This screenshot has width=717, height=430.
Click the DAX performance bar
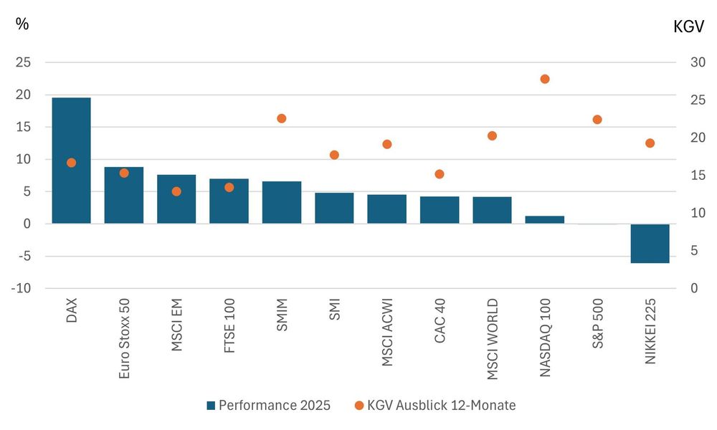[71, 161]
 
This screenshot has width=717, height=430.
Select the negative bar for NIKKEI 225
[650, 244]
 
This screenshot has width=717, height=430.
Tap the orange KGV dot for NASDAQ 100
[545, 79]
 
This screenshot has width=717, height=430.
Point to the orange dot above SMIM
[282, 118]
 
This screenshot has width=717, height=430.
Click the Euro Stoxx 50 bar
[124, 195]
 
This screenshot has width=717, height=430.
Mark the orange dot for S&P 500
[597, 120]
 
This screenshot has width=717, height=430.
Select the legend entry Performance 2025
[268, 405]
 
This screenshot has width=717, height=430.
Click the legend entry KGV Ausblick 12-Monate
[435, 405]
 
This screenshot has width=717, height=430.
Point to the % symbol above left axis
[22, 24]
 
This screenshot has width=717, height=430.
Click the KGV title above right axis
[688, 27]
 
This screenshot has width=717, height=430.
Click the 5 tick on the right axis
[693, 250]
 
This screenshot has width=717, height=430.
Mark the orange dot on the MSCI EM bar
[176, 191]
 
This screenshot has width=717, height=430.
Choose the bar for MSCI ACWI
[387, 209]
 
